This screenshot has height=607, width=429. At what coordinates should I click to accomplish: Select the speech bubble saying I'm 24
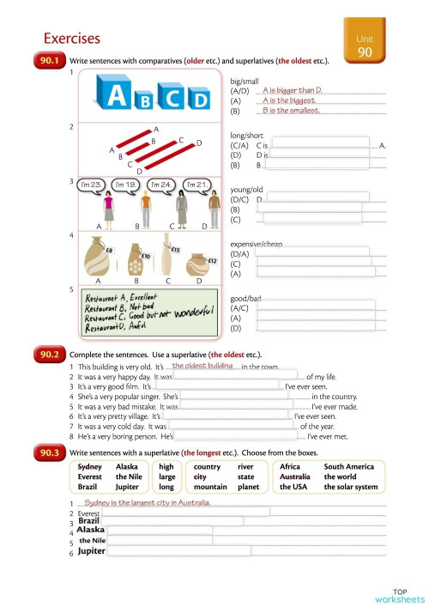pos(162,185)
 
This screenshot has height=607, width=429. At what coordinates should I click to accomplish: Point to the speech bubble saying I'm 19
pos(127,185)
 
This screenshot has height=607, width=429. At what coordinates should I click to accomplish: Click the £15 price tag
pos(174,250)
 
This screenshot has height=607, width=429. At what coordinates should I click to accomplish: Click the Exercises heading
pos(72,39)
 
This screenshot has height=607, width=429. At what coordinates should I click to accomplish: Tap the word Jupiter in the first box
pos(127,487)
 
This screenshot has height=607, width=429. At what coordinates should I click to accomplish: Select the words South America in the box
pos(349,467)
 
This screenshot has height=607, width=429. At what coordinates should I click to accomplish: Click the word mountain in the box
pos(210,487)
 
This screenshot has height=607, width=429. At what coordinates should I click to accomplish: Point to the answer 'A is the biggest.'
pos(290,100)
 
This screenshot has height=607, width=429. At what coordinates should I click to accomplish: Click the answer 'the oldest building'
pos(202,366)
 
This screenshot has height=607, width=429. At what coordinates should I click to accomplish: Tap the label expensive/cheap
pos(257,244)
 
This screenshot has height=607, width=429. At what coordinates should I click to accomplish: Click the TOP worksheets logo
pos(399,595)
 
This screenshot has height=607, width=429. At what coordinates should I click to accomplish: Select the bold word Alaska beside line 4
pos(90,531)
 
